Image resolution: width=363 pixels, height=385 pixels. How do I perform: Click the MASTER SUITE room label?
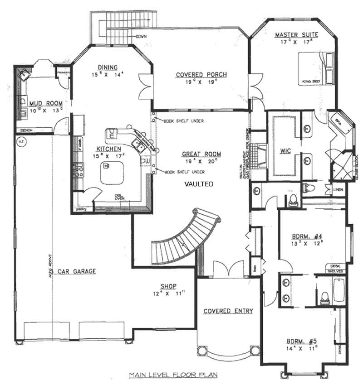[x=297, y=35]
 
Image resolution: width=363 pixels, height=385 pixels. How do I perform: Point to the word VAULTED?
[x=199, y=184]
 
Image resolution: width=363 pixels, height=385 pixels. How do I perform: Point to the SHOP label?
[x=168, y=286]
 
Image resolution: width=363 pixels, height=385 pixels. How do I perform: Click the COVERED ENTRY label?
[x=228, y=311]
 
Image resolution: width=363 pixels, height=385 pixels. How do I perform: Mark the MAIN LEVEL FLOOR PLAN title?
[x=173, y=375]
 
